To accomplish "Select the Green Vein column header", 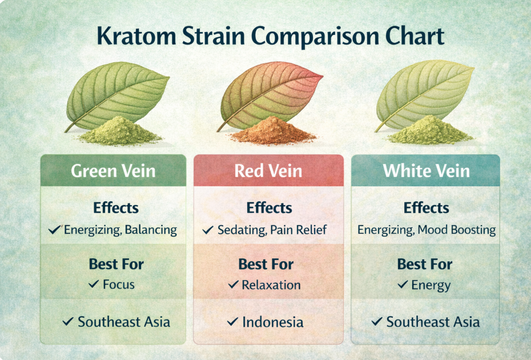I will tap(112, 170).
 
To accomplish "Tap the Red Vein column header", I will tap(268, 170).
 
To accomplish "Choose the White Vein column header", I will tap(426, 170).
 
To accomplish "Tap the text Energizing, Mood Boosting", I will tap(427, 230).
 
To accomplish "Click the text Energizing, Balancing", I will tap(120, 230).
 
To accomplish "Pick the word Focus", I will tap(119, 285).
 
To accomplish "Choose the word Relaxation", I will tap(271, 285).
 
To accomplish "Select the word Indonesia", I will tap(273, 322).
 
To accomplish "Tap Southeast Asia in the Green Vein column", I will tap(124, 322).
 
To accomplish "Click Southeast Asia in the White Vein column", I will tap(433, 322).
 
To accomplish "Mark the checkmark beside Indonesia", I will tap(232, 322).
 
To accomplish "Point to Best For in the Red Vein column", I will tap(266, 265).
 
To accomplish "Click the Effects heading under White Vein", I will tap(426, 208).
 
